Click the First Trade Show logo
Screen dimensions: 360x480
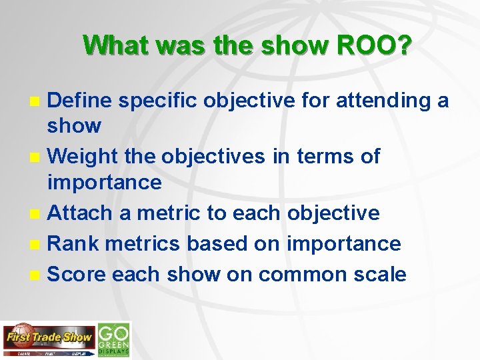coord(48,339)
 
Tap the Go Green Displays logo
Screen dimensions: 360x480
coord(114,339)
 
